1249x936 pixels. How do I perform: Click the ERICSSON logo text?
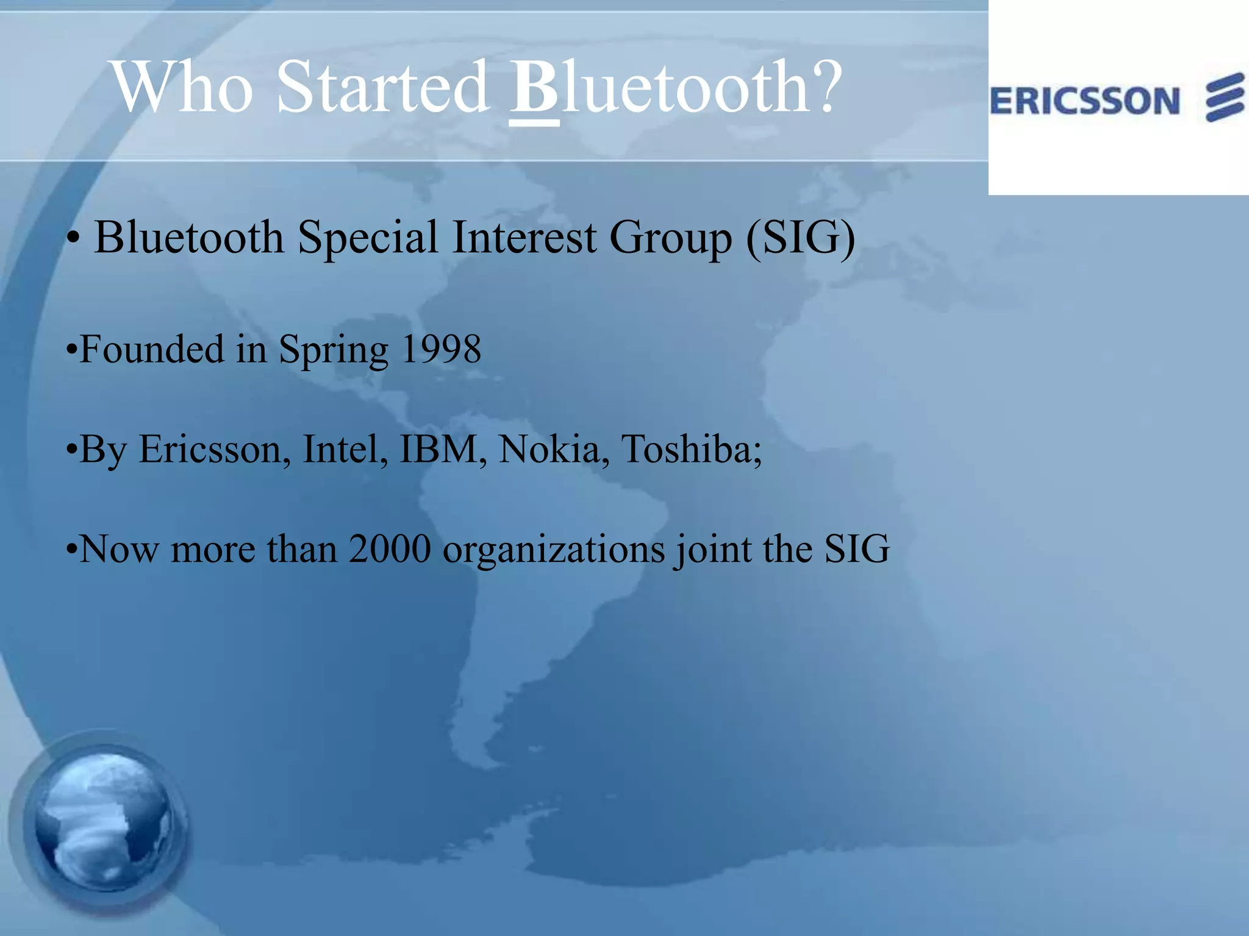tap(1084, 101)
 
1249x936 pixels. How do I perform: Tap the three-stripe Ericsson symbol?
tap(1225, 97)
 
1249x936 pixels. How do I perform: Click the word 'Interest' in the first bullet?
tap(524, 237)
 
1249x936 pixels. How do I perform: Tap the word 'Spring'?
tap(333, 351)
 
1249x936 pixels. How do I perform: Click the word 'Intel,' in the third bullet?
tap(345, 450)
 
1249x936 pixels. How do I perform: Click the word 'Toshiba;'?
tap(692, 450)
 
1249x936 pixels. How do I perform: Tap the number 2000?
tap(390, 549)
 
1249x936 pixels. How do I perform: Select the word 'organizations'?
tap(553, 550)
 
